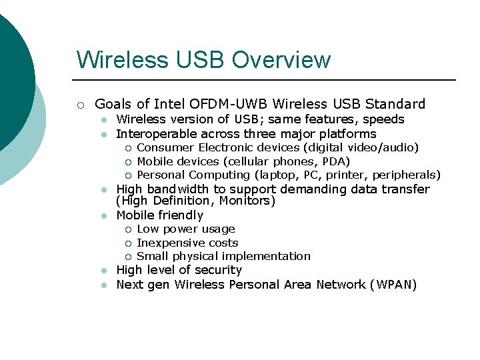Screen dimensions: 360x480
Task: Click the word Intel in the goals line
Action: click(x=170, y=104)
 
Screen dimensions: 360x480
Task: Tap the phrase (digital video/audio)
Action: click(x=361, y=147)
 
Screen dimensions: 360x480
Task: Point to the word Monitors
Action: click(x=249, y=201)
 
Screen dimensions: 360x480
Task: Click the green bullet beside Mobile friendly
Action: click(x=104, y=216)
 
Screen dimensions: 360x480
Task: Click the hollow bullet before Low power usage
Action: click(x=128, y=230)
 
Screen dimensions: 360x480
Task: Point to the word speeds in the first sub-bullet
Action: click(x=383, y=119)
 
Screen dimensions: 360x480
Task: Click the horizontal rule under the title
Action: click(x=267, y=80)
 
